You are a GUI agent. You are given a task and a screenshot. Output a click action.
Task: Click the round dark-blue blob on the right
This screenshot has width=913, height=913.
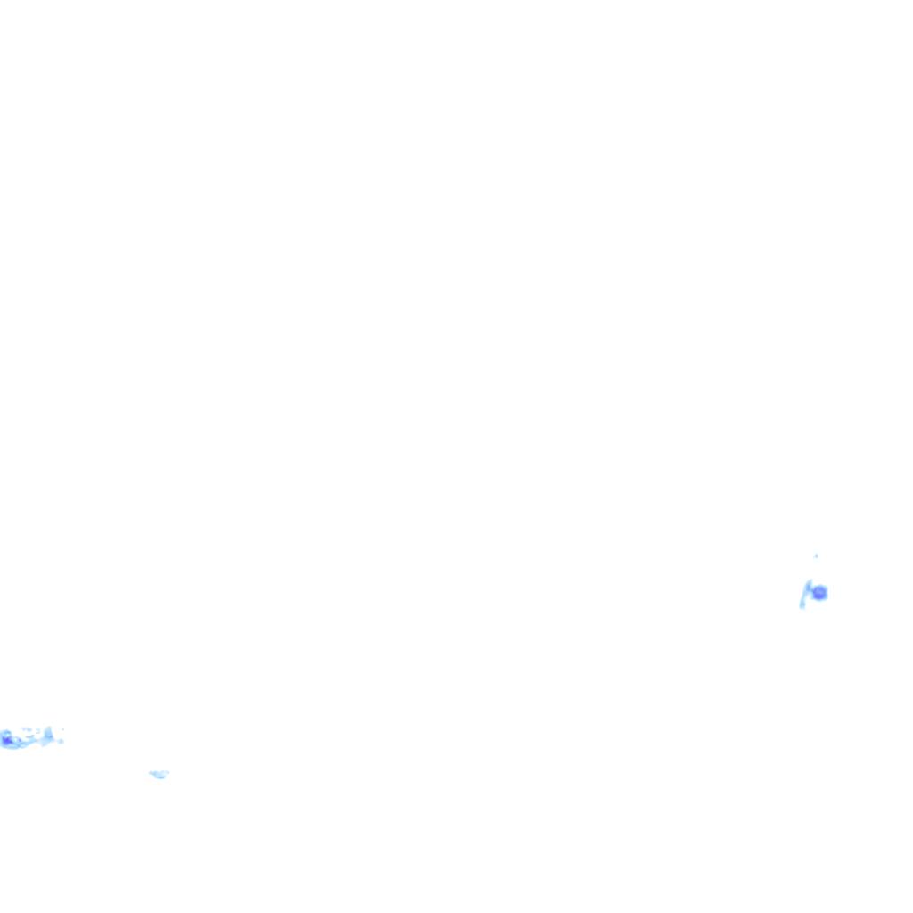tap(819, 592)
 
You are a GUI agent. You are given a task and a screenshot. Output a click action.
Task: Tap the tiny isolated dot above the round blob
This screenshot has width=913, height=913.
tap(816, 555)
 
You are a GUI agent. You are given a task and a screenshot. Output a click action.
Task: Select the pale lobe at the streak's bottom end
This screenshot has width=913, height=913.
tap(802, 605)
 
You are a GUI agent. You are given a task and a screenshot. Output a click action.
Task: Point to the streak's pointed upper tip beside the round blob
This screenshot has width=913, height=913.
tap(810, 580)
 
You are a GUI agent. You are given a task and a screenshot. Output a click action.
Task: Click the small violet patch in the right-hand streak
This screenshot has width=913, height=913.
tap(809, 587)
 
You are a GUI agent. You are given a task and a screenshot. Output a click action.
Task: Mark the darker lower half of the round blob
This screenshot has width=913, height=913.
tap(818, 596)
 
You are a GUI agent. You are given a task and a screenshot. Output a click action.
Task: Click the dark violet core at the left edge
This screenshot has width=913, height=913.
tap(7, 740)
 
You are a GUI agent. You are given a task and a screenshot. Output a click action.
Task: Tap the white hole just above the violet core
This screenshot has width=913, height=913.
tap(7, 735)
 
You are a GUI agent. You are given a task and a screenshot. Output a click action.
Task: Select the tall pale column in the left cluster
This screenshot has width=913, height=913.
tap(49, 736)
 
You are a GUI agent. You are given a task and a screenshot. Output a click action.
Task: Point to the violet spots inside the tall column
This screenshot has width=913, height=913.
tap(49, 736)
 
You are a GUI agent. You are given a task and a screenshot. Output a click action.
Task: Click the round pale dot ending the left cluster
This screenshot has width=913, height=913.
tap(61, 742)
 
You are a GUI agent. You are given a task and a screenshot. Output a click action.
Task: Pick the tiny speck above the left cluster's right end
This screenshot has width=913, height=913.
tap(62, 729)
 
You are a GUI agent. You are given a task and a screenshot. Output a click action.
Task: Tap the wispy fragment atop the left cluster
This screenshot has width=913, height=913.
tap(28, 729)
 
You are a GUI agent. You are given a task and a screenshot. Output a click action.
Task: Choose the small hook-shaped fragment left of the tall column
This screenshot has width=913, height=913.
tap(37, 730)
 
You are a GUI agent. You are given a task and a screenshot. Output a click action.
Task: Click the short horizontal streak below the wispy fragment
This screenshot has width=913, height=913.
tap(29, 736)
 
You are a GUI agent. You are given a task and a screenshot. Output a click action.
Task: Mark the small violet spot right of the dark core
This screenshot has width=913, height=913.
tap(20, 740)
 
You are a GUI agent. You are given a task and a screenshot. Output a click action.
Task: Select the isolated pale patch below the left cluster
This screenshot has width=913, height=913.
tap(160, 774)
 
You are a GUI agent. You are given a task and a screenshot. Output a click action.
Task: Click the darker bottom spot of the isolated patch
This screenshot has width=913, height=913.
tap(161, 777)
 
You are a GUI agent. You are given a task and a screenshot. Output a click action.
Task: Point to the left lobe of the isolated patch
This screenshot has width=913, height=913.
tap(153, 773)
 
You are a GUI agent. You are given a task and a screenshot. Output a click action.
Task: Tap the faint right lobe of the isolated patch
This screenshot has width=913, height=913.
tap(167, 772)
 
